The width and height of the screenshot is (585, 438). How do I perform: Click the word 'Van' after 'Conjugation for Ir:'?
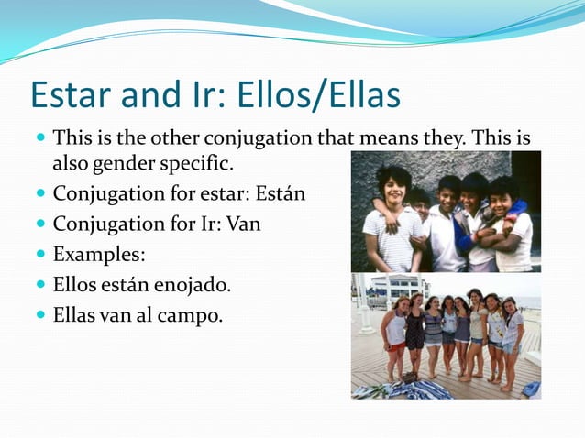tap(242, 224)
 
